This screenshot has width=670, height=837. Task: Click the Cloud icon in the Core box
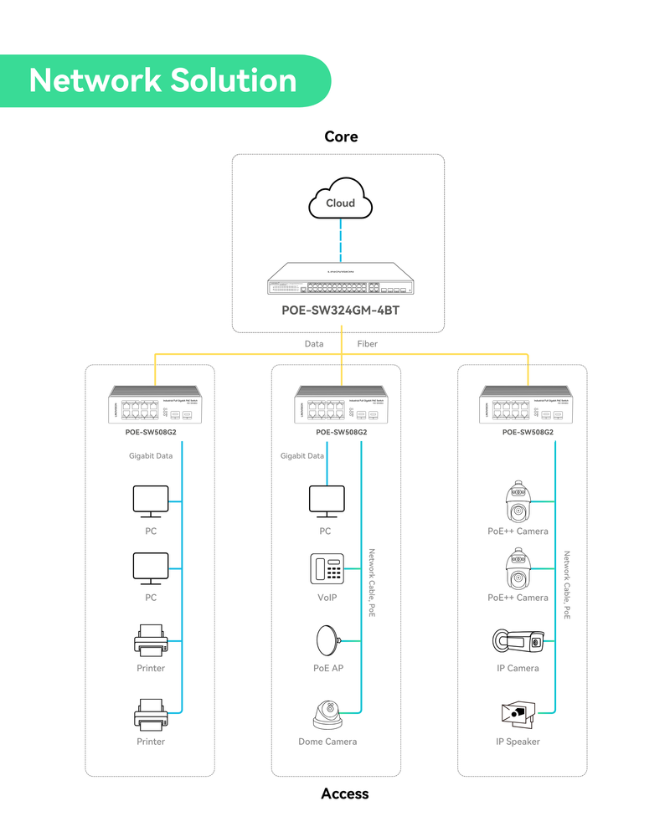340,198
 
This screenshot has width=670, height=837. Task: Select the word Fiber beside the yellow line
367,344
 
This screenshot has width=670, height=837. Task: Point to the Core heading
341,136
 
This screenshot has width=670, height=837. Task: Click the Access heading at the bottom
344,793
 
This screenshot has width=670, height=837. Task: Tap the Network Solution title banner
163,80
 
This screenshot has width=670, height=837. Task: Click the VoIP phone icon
327,569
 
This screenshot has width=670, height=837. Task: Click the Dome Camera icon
327,714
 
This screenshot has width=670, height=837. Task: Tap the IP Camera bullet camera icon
518,641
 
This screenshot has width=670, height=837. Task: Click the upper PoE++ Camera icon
517,502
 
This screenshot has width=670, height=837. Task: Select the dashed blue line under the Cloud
340,242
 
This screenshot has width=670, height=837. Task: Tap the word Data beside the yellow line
314,344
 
